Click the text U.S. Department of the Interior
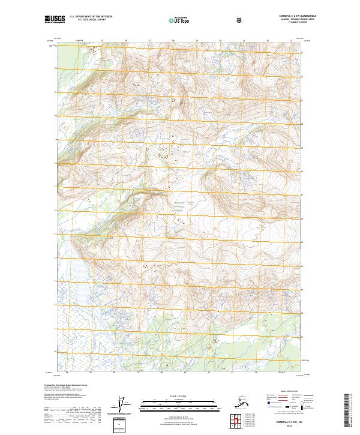coord(91,17)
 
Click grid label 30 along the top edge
coord(220,41)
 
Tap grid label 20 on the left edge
coord(55,116)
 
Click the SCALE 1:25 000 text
coord(179,397)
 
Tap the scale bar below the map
coord(179,404)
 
